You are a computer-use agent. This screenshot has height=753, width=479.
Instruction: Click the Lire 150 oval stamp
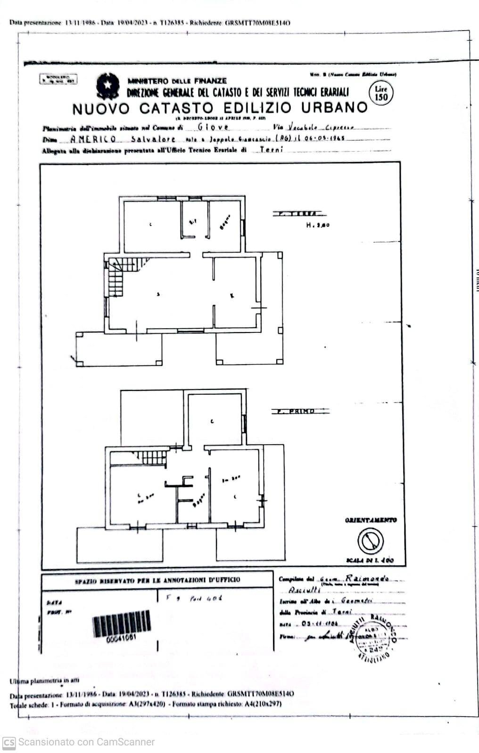[380, 93]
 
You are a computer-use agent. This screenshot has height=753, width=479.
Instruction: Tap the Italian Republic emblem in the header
[108, 86]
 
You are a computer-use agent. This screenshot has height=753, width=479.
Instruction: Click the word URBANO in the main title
[334, 108]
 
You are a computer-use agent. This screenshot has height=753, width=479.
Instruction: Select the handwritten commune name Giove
[213, 127]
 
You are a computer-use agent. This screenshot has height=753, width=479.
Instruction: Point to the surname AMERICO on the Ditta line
[93, 139]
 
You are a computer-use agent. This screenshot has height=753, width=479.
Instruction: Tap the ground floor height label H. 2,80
[318, 225]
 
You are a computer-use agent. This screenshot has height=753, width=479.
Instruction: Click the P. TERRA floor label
[297, 214]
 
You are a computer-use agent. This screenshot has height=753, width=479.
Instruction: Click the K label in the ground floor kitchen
[232, 296]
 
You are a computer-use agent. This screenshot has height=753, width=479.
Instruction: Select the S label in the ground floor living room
[158, 294]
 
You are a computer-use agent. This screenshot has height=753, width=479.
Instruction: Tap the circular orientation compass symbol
[370, 541]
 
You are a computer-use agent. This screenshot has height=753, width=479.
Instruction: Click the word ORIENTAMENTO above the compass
[371, 520]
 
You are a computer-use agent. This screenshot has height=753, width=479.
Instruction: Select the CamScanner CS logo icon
[8, 742]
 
